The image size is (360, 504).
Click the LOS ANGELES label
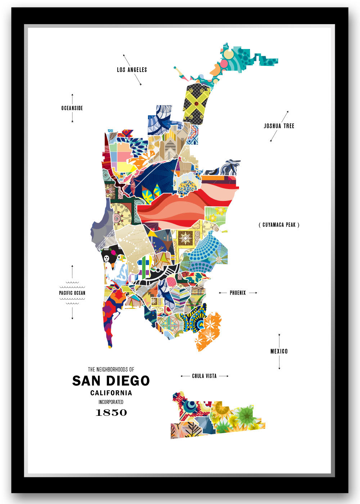pyautogui.click(x=132, y=70)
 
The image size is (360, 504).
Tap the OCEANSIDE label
pyautogui.click(x=72, y=108)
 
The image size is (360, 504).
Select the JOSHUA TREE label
pyautogui.click(x=279, y=126)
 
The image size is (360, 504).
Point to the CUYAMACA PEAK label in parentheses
pyautogui.click(x=279, y=225)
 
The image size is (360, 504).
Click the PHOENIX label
pyautogui.click(x=238, y=293)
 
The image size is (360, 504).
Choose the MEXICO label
pyautogui.click(x=279, y=351)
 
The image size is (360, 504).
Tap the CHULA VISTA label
pyautogui.click(x=204, y=376)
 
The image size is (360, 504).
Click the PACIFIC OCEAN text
pyautogui.click(x=72, y=293)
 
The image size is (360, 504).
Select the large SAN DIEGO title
pyautogui.click(x=111, y=381)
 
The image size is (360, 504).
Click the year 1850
pyautogui.click(x=111, y=413)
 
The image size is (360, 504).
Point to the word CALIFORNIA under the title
pyautogui.click(x=111, y=393)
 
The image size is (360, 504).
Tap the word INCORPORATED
pyautogui.click(x=111, y=402)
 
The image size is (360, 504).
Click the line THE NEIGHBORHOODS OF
pyautogui.click(x=111, y=369)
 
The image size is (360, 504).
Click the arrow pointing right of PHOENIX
pyautogui.click(x=253, y=293)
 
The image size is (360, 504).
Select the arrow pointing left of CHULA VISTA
pyautogui.click(x=185, y=376)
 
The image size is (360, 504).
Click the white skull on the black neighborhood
pyautogui.click(x=107, y=258)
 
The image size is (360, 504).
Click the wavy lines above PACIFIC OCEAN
pyautogui.click(x=72, y=284)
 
